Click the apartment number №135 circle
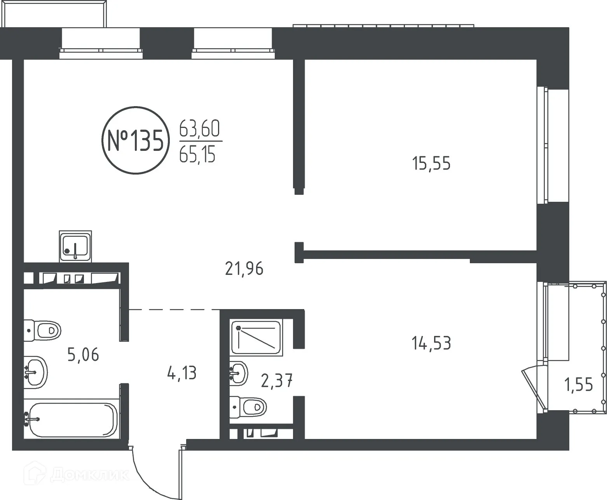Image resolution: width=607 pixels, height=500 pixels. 135,140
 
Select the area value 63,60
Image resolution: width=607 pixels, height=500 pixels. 199,129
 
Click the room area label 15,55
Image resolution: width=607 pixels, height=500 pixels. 431,164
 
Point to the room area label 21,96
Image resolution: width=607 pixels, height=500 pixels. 244,269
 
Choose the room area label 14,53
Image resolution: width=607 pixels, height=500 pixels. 431,343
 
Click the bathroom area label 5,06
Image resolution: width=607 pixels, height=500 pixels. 83,355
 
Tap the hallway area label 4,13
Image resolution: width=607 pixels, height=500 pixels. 181,373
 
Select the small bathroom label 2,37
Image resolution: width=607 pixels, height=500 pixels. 277,381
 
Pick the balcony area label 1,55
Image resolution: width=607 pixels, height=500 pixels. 579,385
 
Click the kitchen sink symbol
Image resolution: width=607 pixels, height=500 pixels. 75,246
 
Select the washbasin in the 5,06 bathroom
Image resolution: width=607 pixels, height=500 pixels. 36,371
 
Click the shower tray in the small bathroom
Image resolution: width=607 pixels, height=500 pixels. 256,337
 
